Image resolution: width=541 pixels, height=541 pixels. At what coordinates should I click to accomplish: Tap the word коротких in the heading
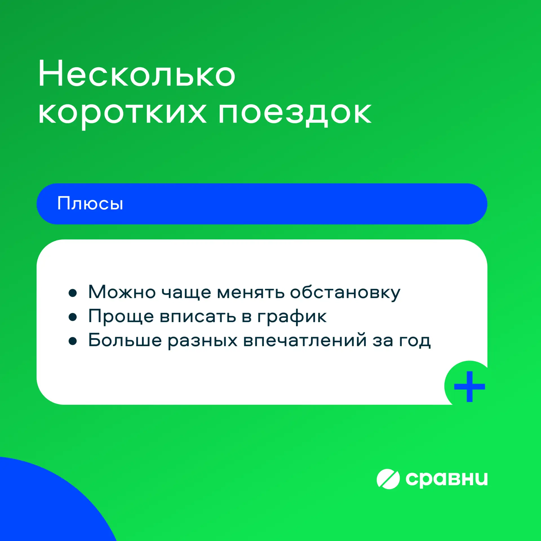pos(122,114)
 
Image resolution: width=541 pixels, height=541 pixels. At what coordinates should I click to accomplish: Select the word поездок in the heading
pos(295,114)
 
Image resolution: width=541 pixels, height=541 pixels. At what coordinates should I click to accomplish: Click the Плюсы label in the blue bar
pos(90,203)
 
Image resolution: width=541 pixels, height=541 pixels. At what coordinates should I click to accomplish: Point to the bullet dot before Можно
pos(73,293)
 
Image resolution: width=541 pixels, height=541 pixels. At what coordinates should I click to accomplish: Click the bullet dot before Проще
pos(73,317)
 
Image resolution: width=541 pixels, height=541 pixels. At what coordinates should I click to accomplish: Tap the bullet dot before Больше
pos(73,341)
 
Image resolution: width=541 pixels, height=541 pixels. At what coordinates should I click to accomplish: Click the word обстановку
pos(345,293)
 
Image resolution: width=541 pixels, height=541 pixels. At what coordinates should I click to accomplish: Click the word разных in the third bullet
pos(203,341)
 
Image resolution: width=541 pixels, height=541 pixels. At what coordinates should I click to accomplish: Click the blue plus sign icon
pos(469,386)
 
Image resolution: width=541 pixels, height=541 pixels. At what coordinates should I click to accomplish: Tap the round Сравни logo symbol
pos(388,479)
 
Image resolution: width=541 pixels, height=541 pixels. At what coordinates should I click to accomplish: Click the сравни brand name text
pos(446,479)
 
